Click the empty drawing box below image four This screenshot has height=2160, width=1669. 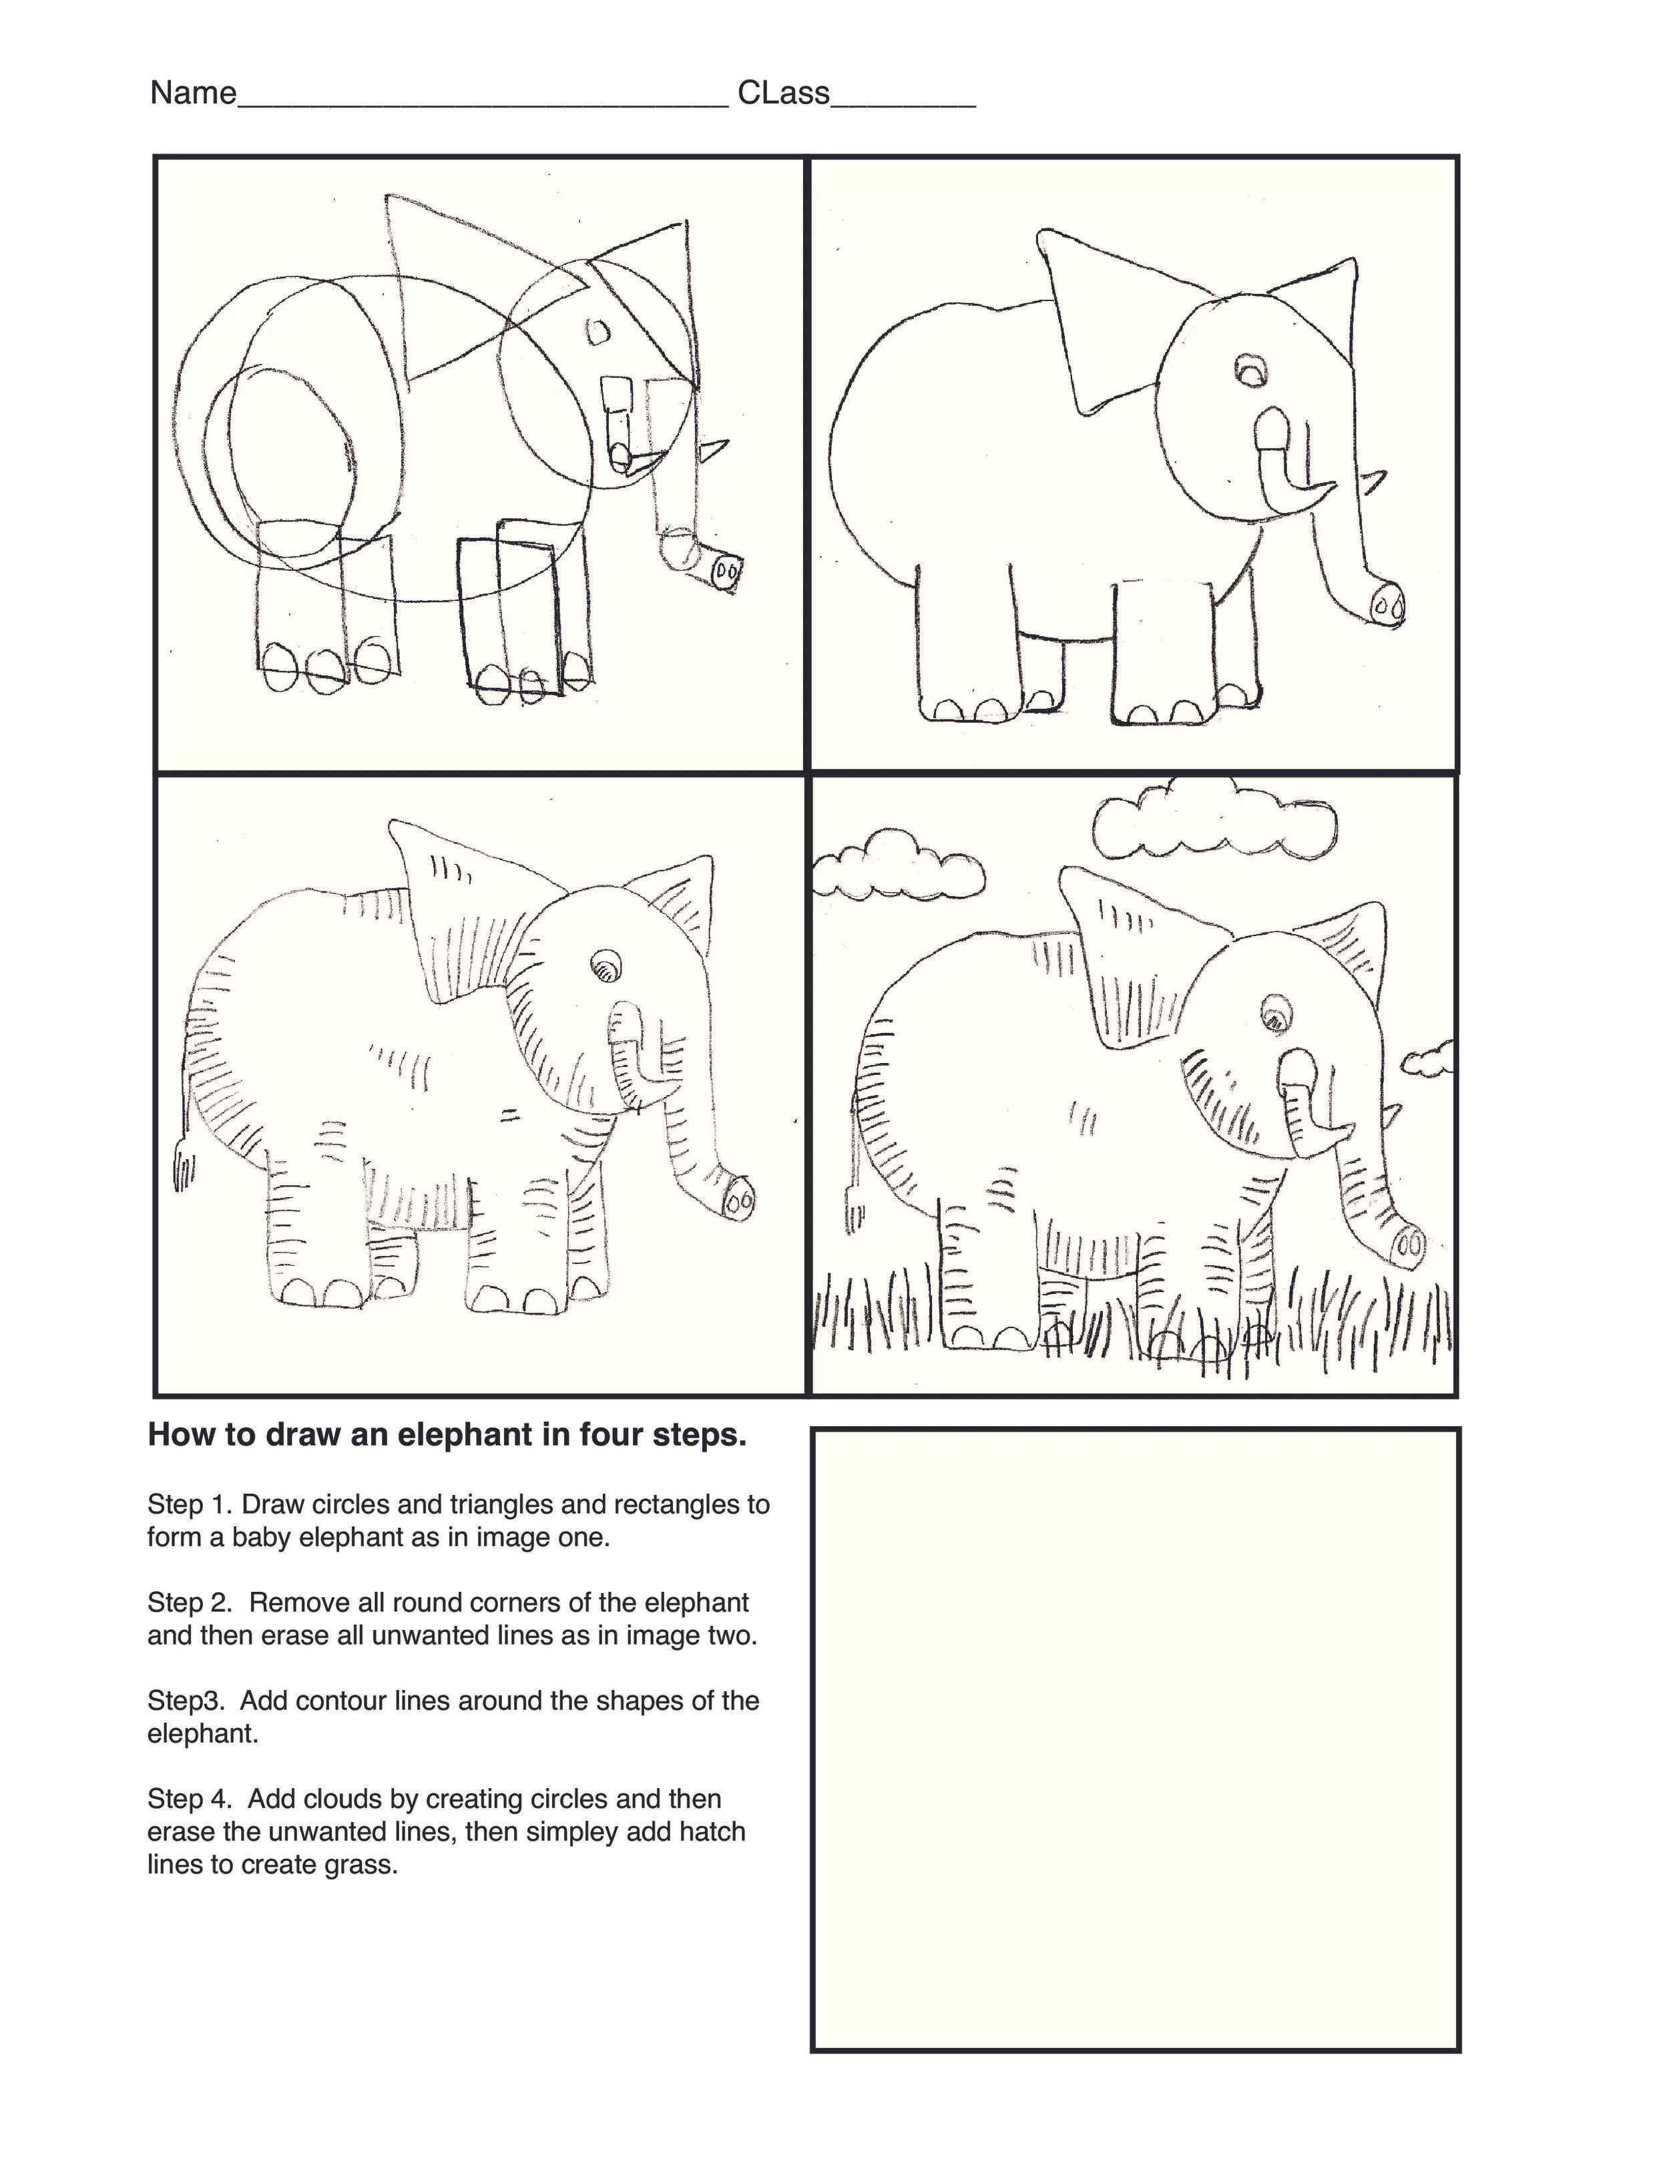tap(1135, 1741)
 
